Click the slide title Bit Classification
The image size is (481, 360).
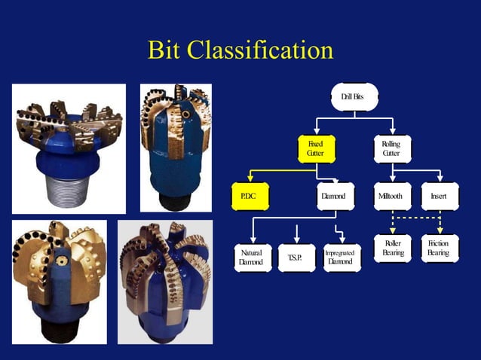(x=240, y=50)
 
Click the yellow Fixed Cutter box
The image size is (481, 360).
(x=316, y=148)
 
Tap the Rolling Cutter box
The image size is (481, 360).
(x=392, y=148)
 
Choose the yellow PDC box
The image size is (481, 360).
(x=249, y=197)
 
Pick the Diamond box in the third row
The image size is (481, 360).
(x=334, y=197)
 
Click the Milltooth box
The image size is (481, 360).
(x=393, y=197)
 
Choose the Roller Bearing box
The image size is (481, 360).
(x=393, y=249)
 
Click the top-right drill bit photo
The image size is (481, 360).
(x=176, y=147)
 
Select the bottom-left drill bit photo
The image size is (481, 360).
(x=59, y=281)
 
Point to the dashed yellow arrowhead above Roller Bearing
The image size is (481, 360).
(x=393, y=230)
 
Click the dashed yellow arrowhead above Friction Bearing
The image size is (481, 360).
(x=440, y=230)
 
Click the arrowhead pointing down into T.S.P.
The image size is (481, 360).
(x=297, y=239)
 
